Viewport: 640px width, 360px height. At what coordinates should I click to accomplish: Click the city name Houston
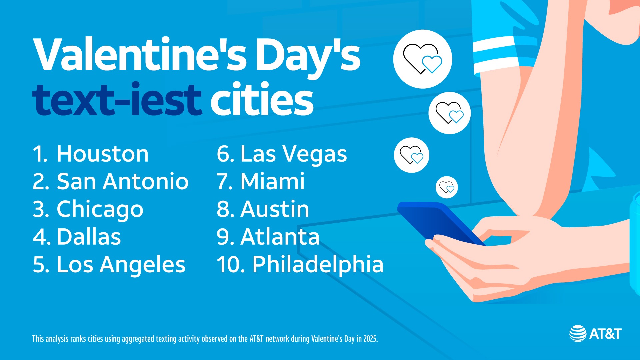pyautogui.click(x=103, y=154)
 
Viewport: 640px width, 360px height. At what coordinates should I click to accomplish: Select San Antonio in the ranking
pyautogui.click(x=123, y=182)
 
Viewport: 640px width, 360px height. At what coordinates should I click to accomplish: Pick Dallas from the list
pyautogui.click(x=89, y=237)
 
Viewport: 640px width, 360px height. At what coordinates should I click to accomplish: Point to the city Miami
pyautogui.click(x=272, y=182)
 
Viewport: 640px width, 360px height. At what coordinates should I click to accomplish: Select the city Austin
pyautogui.click(x=275, y=209)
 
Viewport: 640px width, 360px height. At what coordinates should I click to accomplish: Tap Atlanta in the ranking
pyautogui.click(x=280, y=237)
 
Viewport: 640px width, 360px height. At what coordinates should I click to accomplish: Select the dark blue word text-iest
pyautogui.click(x=117, y=99)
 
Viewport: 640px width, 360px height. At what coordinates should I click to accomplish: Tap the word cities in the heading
pyautogui.click(x=262, y=99)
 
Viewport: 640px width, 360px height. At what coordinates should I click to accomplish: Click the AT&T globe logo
pyautogui.click(x=578, y=333)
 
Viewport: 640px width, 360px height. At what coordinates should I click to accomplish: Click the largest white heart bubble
pyautogui.click(x=423, y=59)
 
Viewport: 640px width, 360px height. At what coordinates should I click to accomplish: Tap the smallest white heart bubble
pyautogui.click(x=447, y=187)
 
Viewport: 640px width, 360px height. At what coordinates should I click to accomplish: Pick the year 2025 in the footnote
pyautogui.click(x=370, y=339)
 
